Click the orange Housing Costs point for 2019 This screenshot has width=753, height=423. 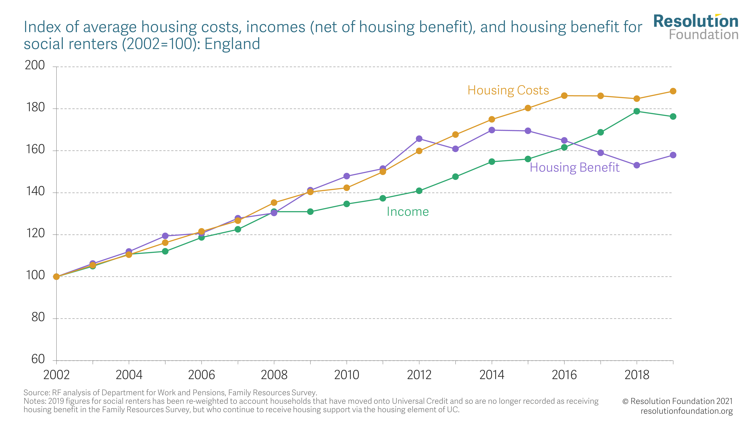tap(673, 91)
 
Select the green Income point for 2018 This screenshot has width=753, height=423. tap(637, 111)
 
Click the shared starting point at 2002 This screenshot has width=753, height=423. tap(56, 276)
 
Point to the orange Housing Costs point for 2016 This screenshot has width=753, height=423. tap(564, 96)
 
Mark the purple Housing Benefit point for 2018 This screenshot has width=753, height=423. tap(637, 165)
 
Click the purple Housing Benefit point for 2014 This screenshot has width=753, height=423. tap(492, 130)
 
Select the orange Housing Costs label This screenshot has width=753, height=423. tap(508, 90)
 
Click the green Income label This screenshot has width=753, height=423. tap(408, 212)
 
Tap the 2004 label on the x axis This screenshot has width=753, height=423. tap(129, 375)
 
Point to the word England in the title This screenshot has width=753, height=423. tap(232, 44)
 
